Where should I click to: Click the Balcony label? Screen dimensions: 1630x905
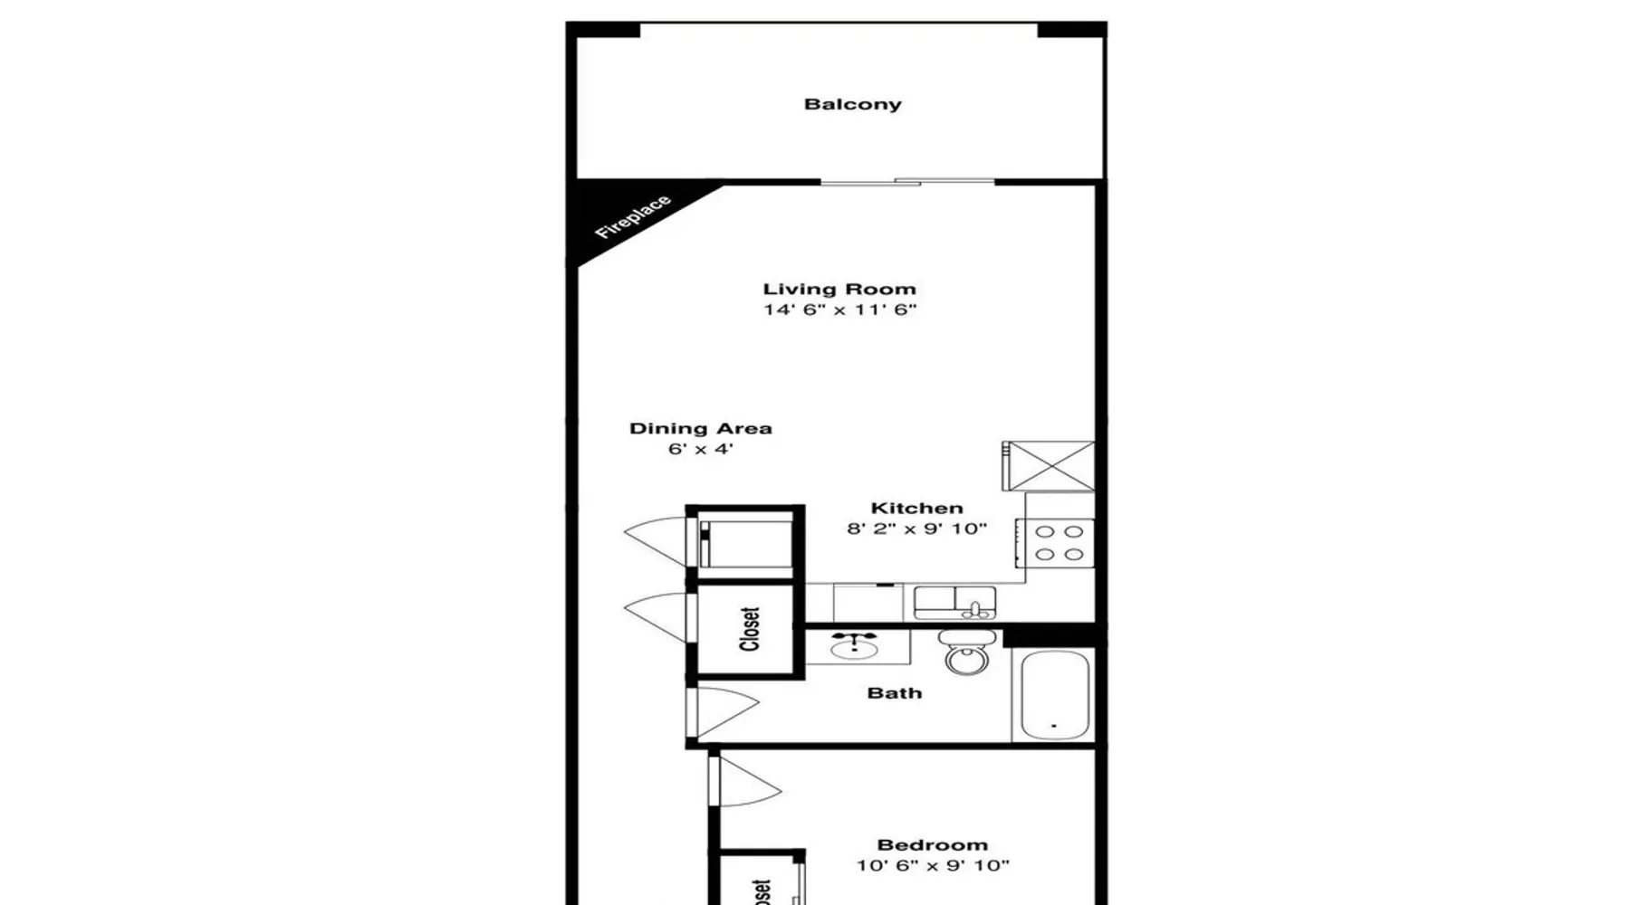point(853,104)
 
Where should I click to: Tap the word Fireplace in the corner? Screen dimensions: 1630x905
point(633,217)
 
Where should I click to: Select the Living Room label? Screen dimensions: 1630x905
point(839,290)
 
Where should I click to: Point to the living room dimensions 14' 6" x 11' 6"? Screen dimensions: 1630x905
point(839,310)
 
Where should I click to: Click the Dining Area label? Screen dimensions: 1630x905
point(701,429)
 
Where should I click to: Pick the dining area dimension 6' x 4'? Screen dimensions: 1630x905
point(700,449)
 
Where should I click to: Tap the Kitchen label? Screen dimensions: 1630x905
point(916,509)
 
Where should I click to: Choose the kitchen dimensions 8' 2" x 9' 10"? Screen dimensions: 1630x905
point(916,529)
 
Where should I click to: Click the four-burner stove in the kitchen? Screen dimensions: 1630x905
point(1056,543)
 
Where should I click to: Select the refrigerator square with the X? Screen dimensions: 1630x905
point(1049,466)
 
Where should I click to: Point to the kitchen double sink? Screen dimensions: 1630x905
point(954,603)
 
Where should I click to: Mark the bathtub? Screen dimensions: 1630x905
point(1055,695)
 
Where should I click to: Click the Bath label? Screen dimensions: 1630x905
point(895,693)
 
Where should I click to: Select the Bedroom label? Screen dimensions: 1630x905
point(933,845)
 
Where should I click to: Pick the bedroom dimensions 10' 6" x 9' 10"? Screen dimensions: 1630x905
point(933,865)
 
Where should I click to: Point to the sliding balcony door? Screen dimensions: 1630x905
point(907,182)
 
